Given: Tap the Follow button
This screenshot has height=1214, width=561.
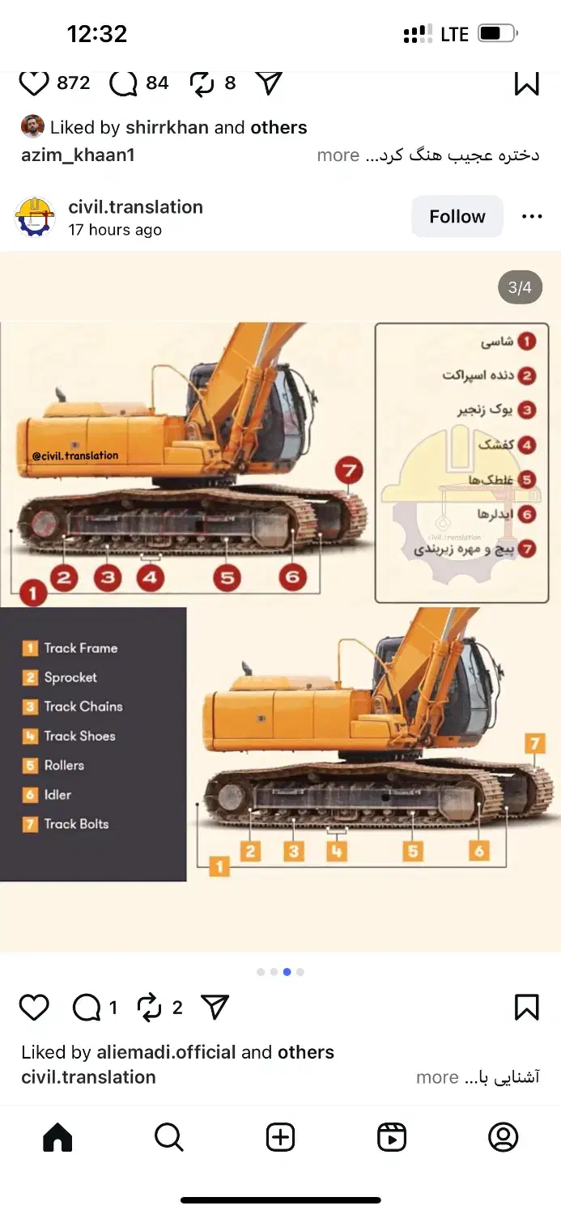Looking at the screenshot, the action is [x=457, y=216].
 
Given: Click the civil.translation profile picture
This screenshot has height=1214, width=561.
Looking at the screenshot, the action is [x=35, y=217].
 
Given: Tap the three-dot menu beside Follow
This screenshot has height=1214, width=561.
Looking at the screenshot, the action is [x=532, y=216].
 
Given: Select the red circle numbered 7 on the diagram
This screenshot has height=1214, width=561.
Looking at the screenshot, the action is [x=349, y=470].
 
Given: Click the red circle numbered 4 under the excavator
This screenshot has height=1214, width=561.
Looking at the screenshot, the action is [x=150, y=577].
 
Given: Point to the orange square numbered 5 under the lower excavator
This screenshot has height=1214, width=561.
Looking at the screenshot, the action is [x=413, y=851].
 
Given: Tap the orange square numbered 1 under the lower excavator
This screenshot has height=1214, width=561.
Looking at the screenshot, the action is [x=219, y=866].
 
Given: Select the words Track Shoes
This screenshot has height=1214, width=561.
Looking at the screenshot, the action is [x=79, y=736].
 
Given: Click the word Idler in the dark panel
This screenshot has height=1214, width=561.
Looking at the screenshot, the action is [x=57, y=795].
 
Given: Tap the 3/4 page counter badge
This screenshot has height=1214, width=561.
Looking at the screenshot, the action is [x=520, y=287].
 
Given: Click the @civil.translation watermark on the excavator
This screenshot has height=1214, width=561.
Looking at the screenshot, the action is [x=74, y=456].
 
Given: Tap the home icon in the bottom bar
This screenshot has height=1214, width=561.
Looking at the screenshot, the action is [x=57, y=1136].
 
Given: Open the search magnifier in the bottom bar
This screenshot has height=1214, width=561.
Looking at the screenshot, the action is [x=169, y=1136].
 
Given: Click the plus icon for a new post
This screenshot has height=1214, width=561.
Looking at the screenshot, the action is [x=280, y=1136].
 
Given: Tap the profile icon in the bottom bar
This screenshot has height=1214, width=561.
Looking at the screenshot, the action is [x=503, y=1136].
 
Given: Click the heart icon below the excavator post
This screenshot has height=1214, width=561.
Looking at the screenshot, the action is [x=34, y=1008].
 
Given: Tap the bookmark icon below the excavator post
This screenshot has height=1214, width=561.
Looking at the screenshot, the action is [x=526, y=1007].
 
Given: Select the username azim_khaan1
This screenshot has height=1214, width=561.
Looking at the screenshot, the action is [x=78, y=155].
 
